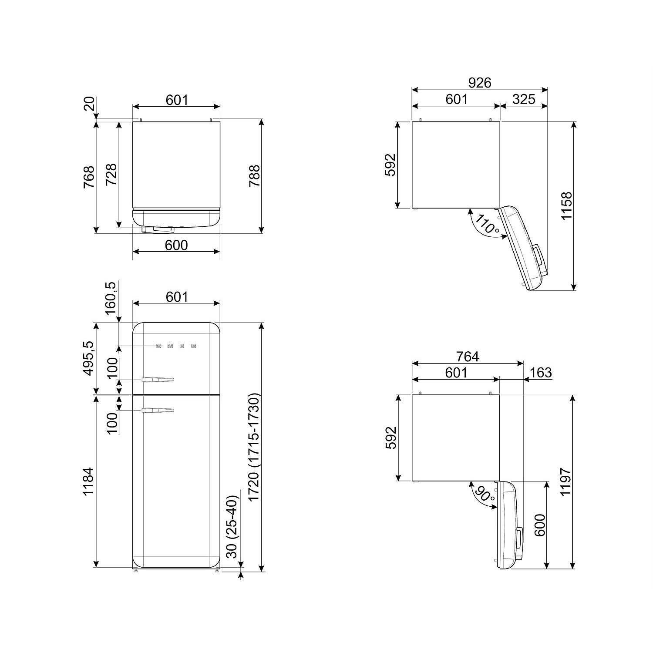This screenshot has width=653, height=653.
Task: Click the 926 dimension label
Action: coord(479,82)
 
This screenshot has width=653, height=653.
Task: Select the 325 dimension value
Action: coord(523,99)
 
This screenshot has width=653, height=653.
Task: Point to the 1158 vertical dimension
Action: coord(566,206)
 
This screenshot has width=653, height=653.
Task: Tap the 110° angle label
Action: coord(487,224)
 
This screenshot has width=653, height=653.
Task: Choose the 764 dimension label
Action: coord(467,357)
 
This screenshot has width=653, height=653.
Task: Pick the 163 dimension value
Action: coord(540,373)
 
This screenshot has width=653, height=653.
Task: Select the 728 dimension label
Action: coord(111,175)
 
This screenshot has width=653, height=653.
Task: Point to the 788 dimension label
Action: coord(254,176)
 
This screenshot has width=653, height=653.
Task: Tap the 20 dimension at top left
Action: coord(89,104)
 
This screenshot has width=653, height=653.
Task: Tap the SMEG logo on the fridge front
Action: coord(176,346)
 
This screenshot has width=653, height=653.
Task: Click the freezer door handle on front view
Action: coord(157,380)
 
